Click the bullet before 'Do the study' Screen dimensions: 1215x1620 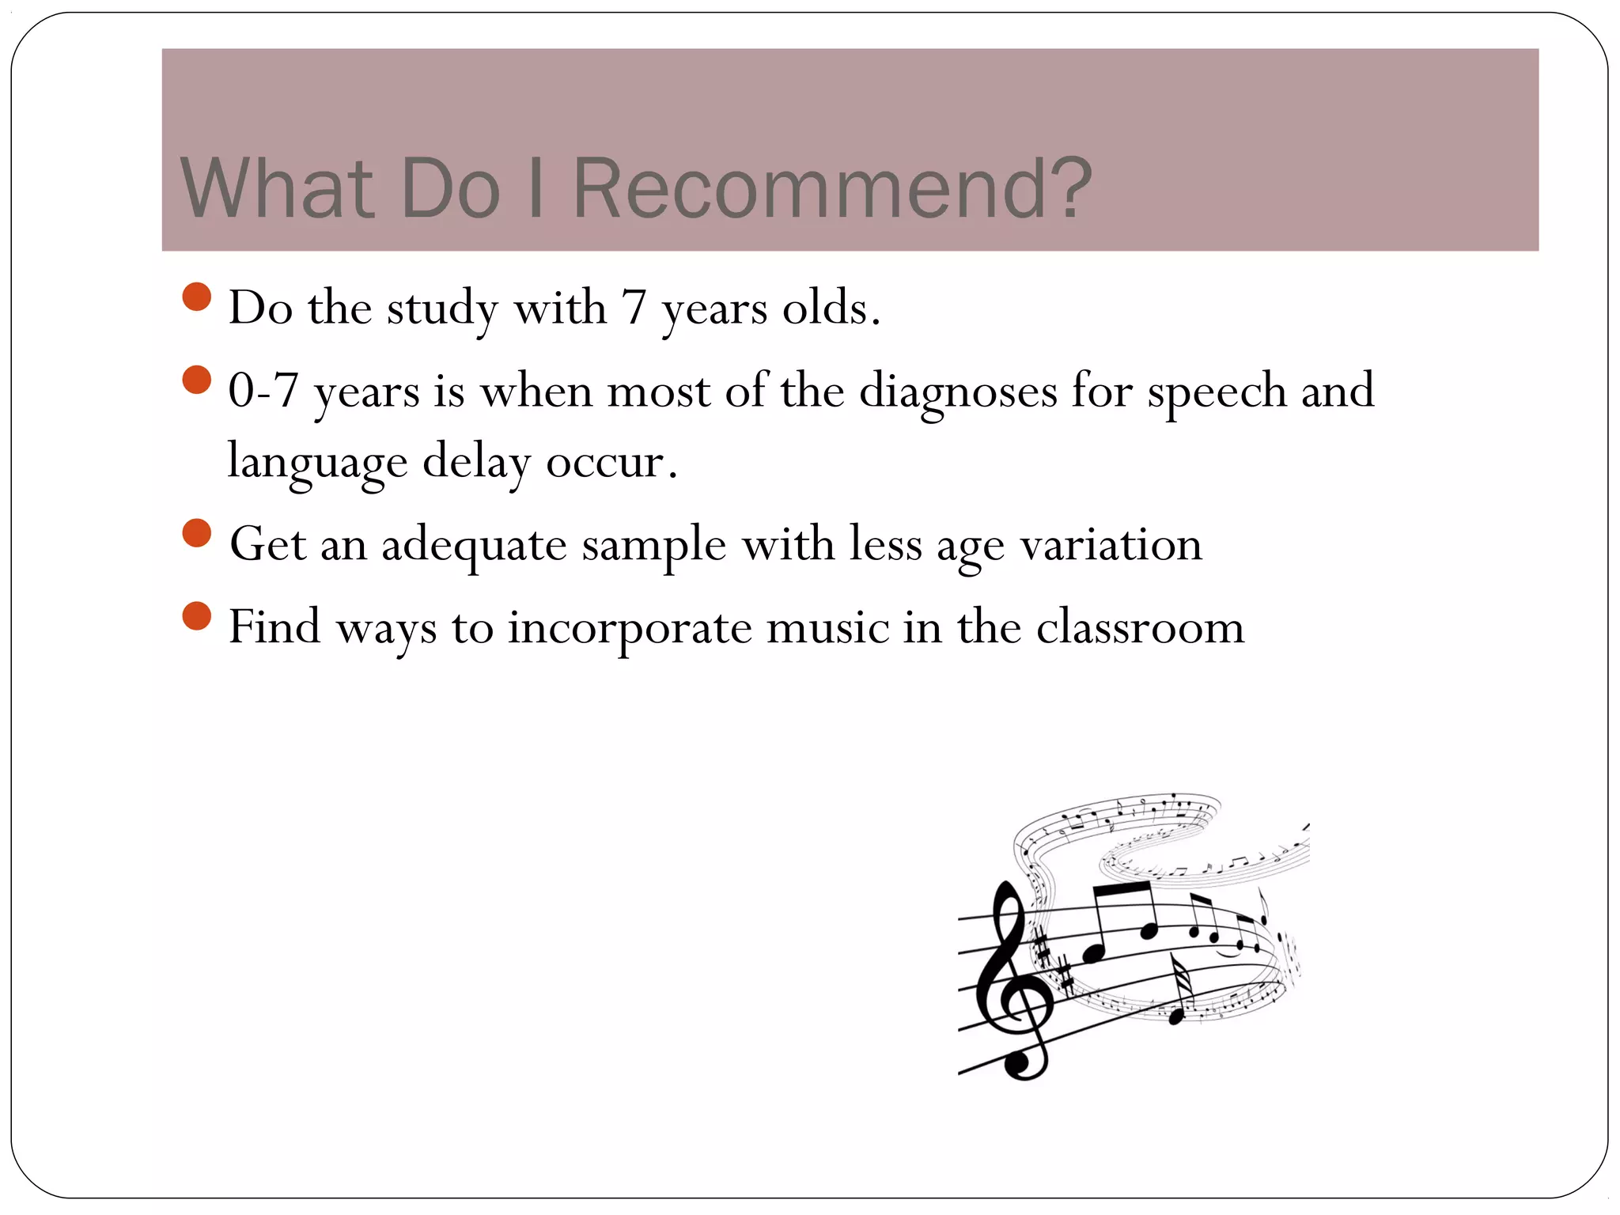pyautogui.click(x=196, y=297)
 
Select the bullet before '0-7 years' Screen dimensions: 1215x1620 pyautogui.click(x=196, y=380)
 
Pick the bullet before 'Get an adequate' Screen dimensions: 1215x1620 pyautogui.click(x=196, y=533)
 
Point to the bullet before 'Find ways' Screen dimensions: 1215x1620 pyautogui.click(x=196, y=615)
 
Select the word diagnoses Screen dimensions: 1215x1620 pyautogui.click(x=958, y=392)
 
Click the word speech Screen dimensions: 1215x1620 pyautogui.click(x=1217, y=392)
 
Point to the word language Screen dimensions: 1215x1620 pyautogui.click(x=317, y=463)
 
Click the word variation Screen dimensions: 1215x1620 pyautogui.click(x=1111, y=544)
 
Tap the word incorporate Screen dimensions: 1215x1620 pyautogui.click(x=630, y=628)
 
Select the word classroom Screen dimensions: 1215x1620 pyautogui.click(x=1140, y=627)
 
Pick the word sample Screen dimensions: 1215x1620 pyautogui.click(x=654, y=546)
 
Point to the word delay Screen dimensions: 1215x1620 pyautogui.click(x=477, y=463)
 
